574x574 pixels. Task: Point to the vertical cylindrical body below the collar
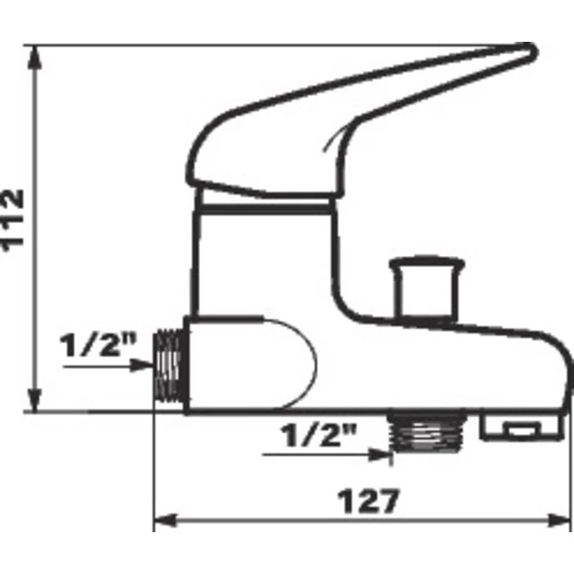coord(262,262)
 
